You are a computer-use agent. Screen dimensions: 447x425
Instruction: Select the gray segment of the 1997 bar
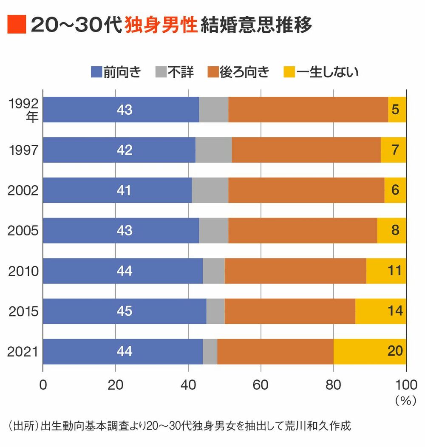point(213,150)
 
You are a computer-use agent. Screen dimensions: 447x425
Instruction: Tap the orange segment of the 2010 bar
point(295,271)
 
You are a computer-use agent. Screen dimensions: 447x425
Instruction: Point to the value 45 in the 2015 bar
point(125,311)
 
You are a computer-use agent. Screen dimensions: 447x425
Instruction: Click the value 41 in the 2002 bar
point(125,190)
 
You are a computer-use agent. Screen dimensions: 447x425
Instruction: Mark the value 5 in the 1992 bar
point(395,110)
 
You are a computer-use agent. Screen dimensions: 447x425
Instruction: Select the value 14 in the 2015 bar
point(395,311)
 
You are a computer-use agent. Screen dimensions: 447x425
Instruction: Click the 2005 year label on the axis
point(23,231)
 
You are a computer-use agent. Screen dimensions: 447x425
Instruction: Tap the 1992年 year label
point(26,110)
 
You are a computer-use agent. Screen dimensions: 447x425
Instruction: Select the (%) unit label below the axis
point(405,401)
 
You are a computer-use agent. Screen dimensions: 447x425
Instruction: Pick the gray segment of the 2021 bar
point(210,351)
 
